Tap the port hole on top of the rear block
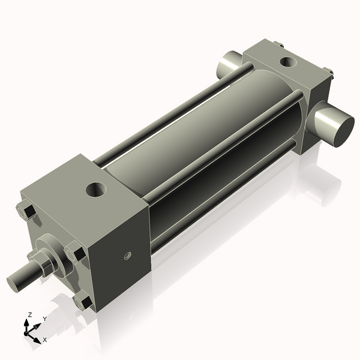(x=287, y=61)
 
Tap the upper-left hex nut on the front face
(x=25, y=212)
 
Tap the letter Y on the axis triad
(x=44, y=319)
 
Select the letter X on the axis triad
(x=44, y=340)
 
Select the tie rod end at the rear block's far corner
(x=279, y=43)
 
